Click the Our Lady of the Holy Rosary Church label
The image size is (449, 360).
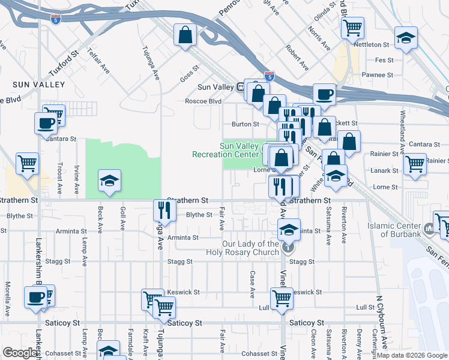[250, 248]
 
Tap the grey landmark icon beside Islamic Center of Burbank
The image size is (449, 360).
[429, 229]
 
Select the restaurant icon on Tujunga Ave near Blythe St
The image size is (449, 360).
[164, 211]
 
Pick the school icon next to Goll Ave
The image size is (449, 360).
[109, 181]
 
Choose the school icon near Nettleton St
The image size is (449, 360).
[406, 38]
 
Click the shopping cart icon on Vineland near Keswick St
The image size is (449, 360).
[281, 298]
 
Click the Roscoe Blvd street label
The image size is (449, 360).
[203, 101]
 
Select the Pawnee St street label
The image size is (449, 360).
[380, 76]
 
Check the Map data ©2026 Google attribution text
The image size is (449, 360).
[411, 355]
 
